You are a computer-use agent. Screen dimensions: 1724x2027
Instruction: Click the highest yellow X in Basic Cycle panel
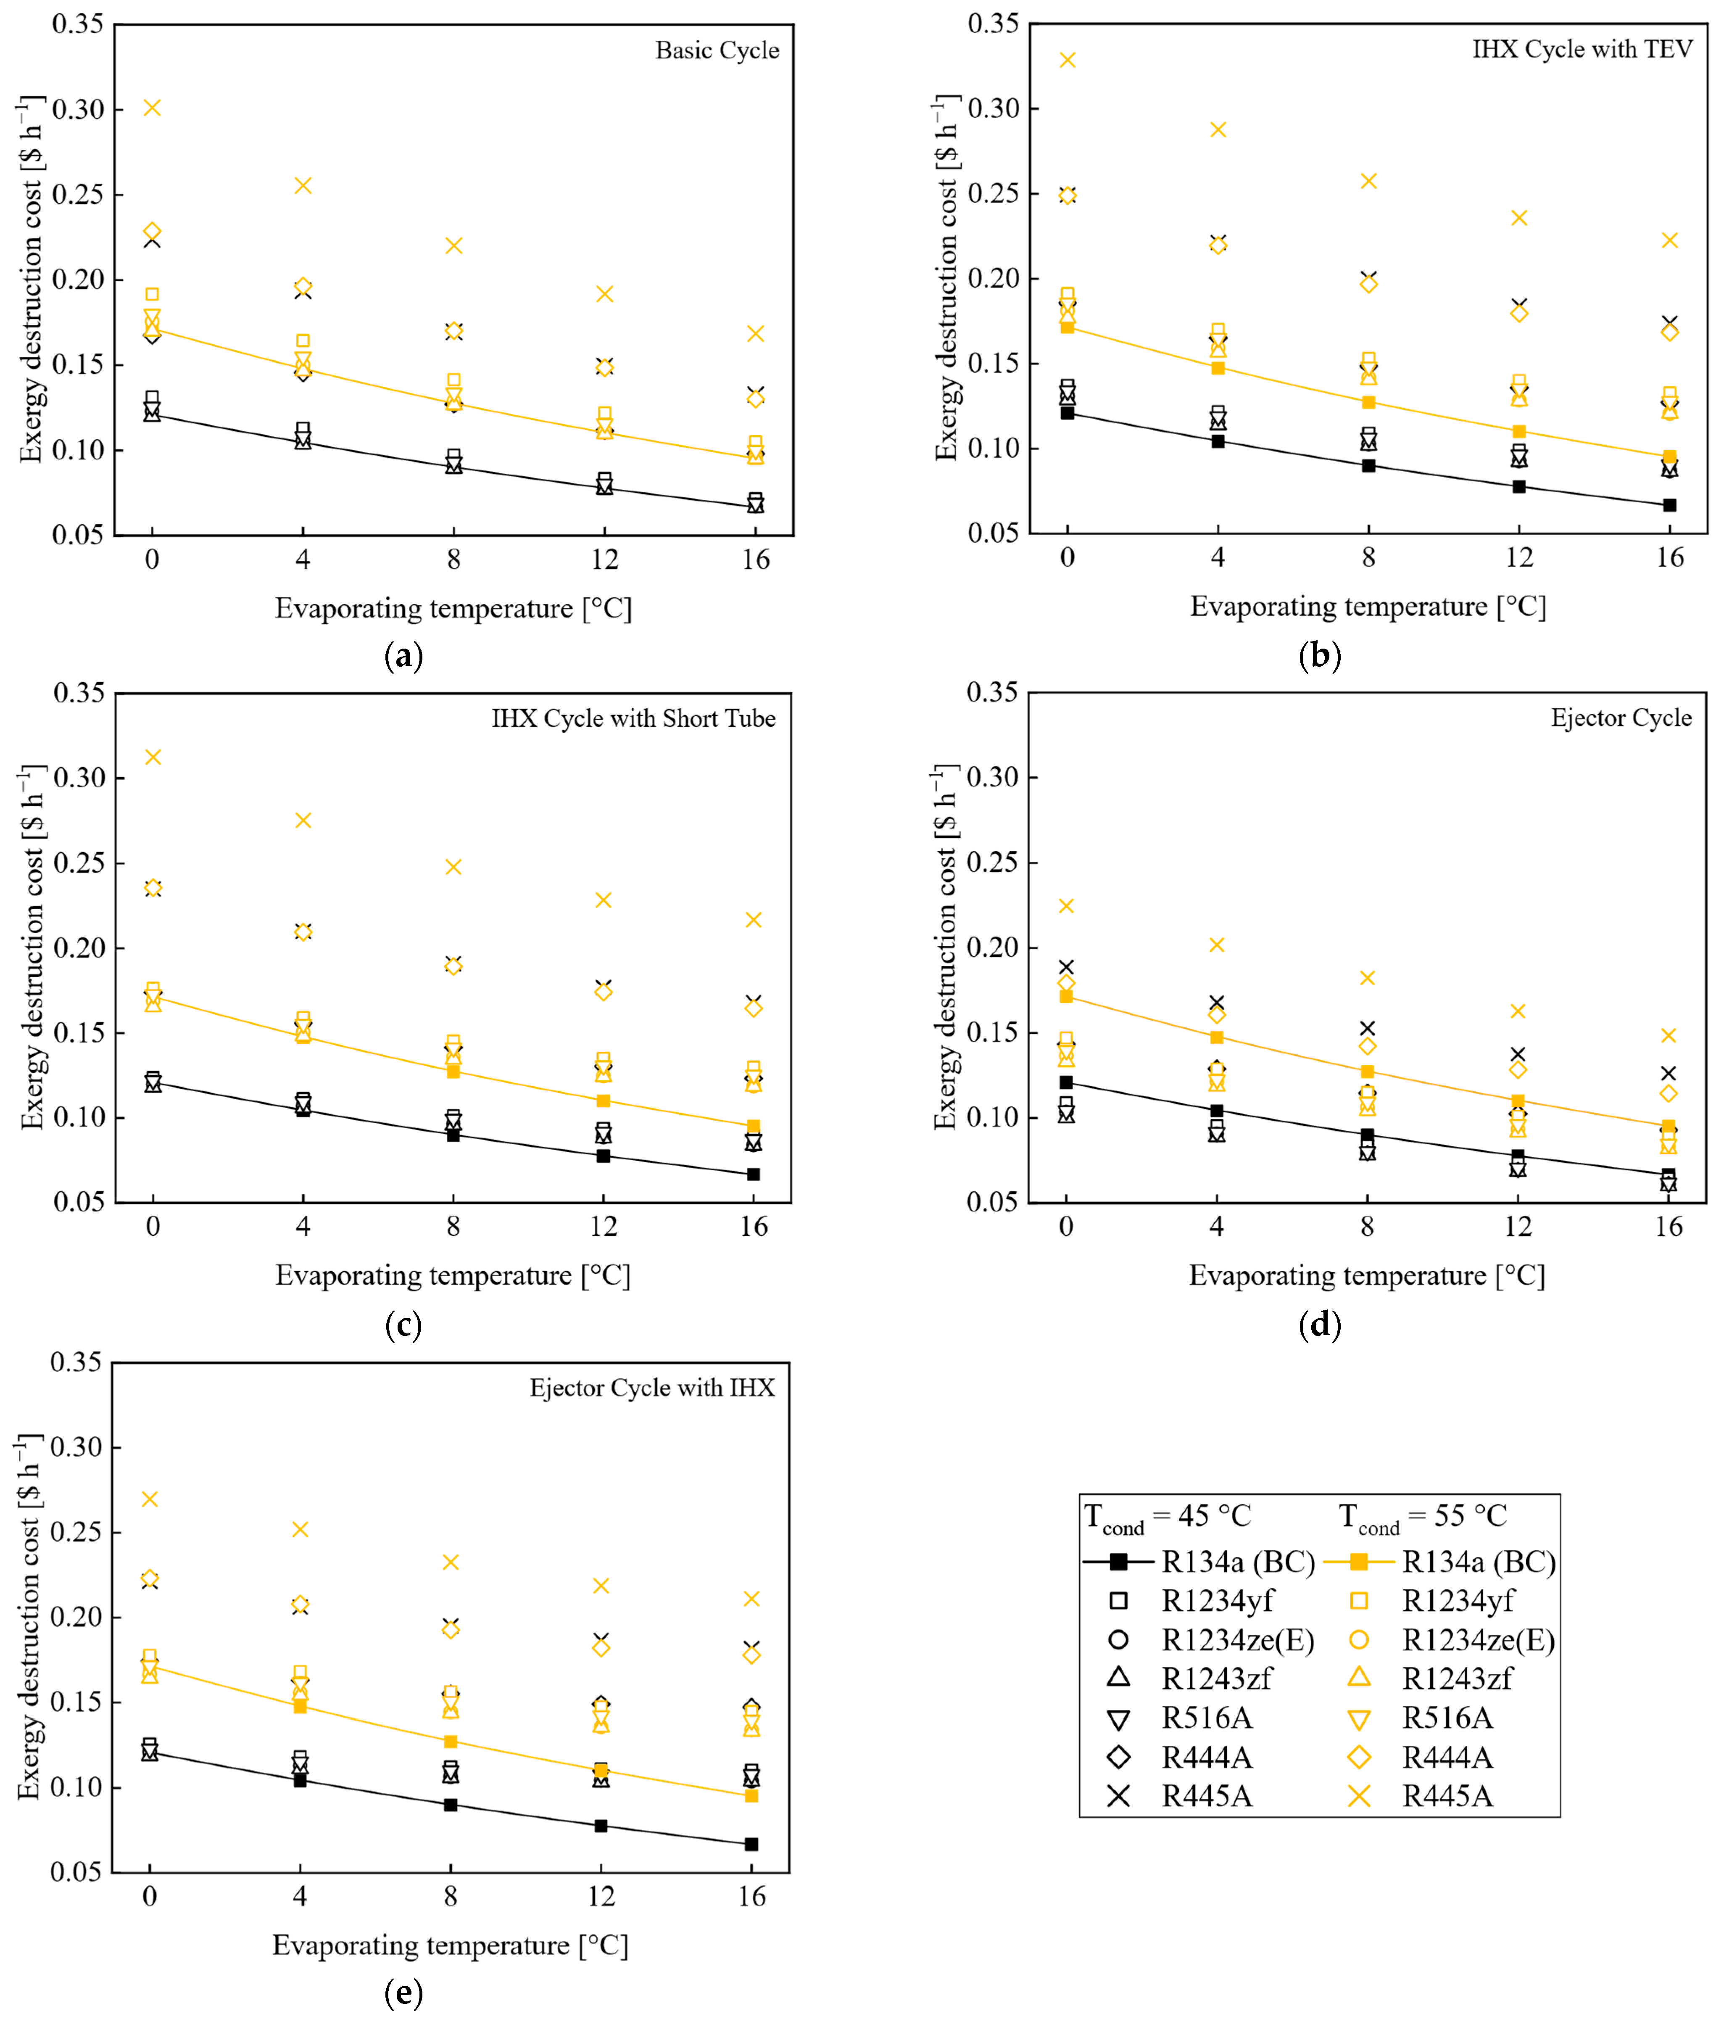coord(153,108)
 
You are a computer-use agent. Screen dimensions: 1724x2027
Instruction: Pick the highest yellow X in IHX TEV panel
coord(1067,60)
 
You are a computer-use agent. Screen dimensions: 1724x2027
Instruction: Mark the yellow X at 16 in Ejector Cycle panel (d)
coord(1668,1035)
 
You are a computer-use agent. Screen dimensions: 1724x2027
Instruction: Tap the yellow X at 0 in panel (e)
coord(150,1499)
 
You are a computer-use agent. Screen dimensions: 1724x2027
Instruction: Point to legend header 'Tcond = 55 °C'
coord(1423,1518)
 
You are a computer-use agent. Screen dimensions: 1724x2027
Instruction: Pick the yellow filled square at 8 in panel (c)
coord(453,1071)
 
